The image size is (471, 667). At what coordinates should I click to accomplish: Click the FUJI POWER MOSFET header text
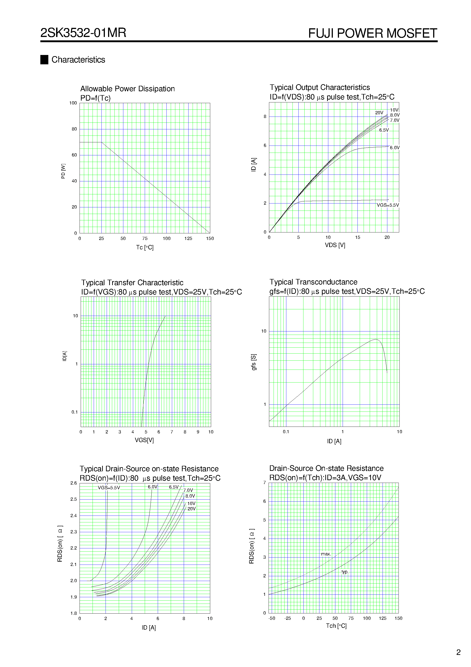[372, 33]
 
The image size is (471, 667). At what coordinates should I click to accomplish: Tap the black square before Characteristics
[44, 60]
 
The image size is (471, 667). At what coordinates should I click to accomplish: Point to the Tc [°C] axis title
[145, 247]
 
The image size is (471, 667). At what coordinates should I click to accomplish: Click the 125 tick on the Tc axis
[188, 239]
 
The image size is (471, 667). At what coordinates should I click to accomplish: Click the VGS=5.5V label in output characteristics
[388, 205]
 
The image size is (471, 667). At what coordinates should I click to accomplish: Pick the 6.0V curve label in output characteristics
[395, 148]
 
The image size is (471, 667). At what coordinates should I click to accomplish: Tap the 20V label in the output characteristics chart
[379, 113]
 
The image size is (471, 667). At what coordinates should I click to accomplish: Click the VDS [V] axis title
[335, 245]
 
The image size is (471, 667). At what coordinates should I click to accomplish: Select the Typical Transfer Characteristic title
[132, 283]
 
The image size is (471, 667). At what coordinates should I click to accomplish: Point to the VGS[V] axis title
[144, 440]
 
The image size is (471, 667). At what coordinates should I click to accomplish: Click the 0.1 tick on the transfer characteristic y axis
[75, 412]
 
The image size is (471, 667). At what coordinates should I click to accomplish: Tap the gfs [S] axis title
[254, 362]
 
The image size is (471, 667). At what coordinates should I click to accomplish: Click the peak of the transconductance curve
[375, 339]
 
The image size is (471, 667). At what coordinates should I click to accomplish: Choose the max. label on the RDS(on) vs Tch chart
[326, 554]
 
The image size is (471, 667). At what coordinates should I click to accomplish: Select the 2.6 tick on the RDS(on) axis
[73, 483]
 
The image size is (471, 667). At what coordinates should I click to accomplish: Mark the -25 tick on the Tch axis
[287, 618]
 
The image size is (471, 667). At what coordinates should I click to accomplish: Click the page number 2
[458, 652]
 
